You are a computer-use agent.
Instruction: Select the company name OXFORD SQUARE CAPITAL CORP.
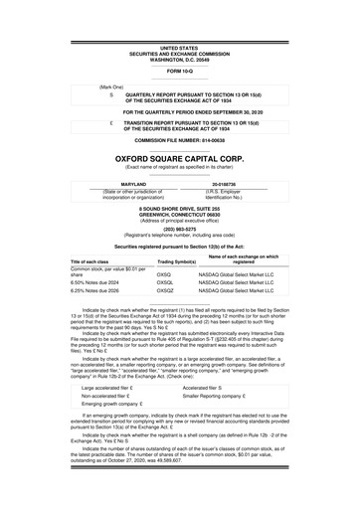179,157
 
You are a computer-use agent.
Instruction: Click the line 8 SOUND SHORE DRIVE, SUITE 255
179,206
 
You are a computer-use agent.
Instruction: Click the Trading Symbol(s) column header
152,261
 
